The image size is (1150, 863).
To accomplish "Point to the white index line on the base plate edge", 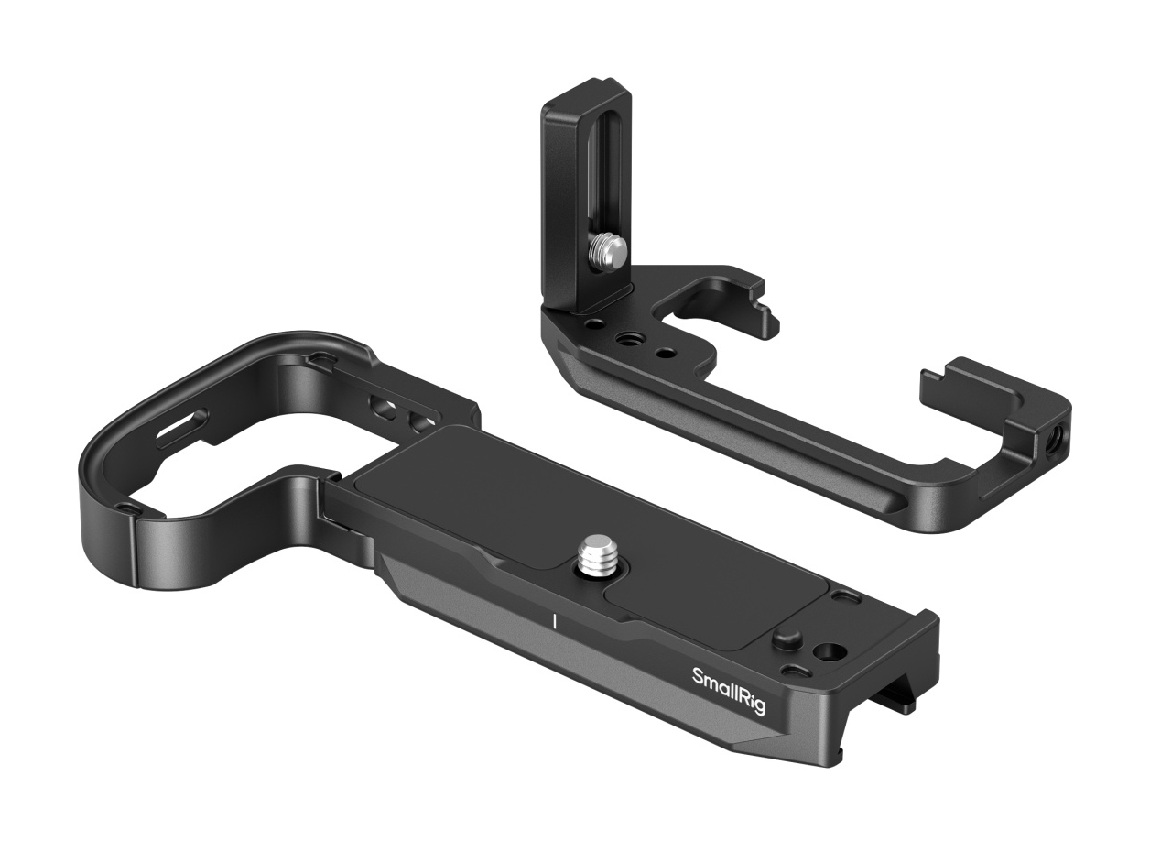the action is pos(554,621).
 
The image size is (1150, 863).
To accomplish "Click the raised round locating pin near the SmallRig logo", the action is pos(787,639).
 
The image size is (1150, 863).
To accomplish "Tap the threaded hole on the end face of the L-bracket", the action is pos(1044,447).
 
